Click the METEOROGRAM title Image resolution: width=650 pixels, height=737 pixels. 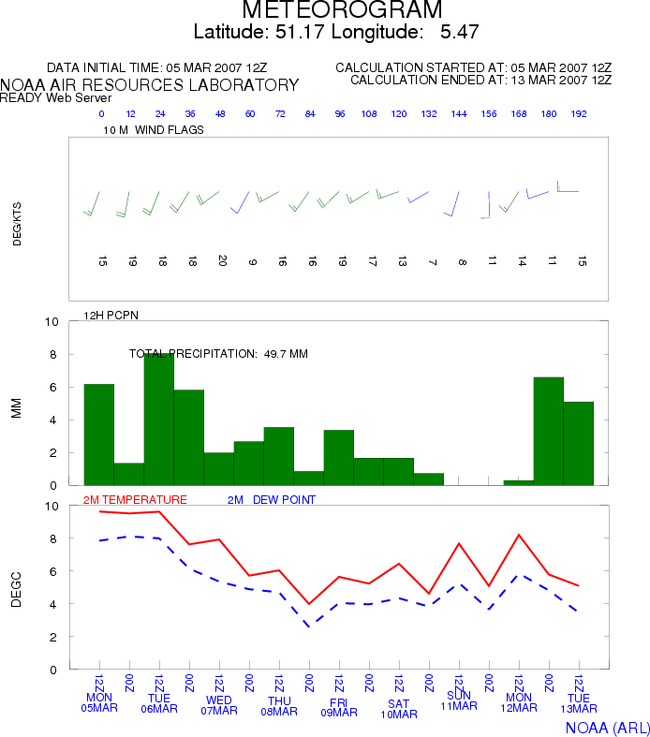[342, 9]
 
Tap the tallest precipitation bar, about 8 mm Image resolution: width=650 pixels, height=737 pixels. [159, 420]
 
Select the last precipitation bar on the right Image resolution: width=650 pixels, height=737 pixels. [578, 443]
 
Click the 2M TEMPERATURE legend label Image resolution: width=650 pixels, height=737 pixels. [135, 500]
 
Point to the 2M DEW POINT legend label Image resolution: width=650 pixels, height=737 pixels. [272, 500]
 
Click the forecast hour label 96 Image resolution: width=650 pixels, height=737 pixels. [340, 113]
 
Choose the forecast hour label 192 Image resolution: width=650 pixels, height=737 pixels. [579, 113]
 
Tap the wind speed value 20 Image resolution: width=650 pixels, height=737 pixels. [222, 261]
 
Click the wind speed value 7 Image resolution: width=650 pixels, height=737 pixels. [433, 262]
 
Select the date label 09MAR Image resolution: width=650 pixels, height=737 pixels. [339, 713]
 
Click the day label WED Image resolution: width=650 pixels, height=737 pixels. [219, 700]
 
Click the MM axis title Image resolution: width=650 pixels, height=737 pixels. [17, 408]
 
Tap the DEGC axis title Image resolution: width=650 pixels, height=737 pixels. [17, 589]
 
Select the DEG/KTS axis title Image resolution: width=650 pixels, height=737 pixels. [17, 224]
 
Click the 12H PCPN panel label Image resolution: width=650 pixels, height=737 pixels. [111, 316]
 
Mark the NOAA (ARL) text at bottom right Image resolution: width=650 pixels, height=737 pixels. [607, 728]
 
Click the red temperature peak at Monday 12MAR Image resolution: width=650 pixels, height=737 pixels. [519, 535]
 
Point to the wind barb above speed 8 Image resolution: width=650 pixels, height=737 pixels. [452, 204]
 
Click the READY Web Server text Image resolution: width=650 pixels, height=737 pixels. [55, 97]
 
